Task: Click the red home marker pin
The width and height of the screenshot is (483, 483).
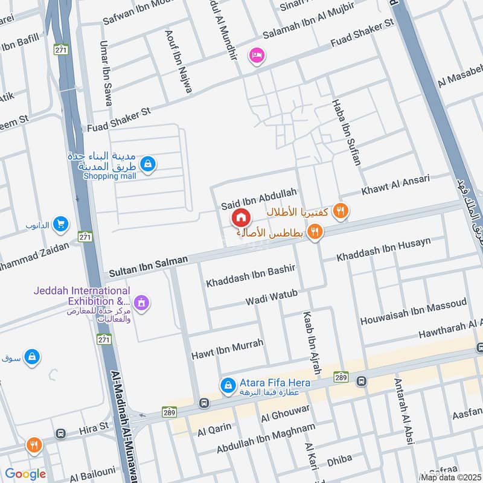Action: point(240,217)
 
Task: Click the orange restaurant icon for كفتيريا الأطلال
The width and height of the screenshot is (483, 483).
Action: point(341,211)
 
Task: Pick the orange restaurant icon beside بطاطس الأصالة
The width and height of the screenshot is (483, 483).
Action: point(315,232)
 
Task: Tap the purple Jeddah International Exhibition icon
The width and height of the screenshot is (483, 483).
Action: point(142,301)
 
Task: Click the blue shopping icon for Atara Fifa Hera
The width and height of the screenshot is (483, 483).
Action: point(228,384)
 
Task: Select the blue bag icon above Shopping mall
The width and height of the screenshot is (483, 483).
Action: point(148,163)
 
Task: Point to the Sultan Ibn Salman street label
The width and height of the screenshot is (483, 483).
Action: point(149,266)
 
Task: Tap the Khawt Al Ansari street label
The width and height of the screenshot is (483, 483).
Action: point(395,185)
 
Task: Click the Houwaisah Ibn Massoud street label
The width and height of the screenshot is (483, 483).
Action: point(413,312)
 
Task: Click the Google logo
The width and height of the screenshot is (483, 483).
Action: point(25,474)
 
